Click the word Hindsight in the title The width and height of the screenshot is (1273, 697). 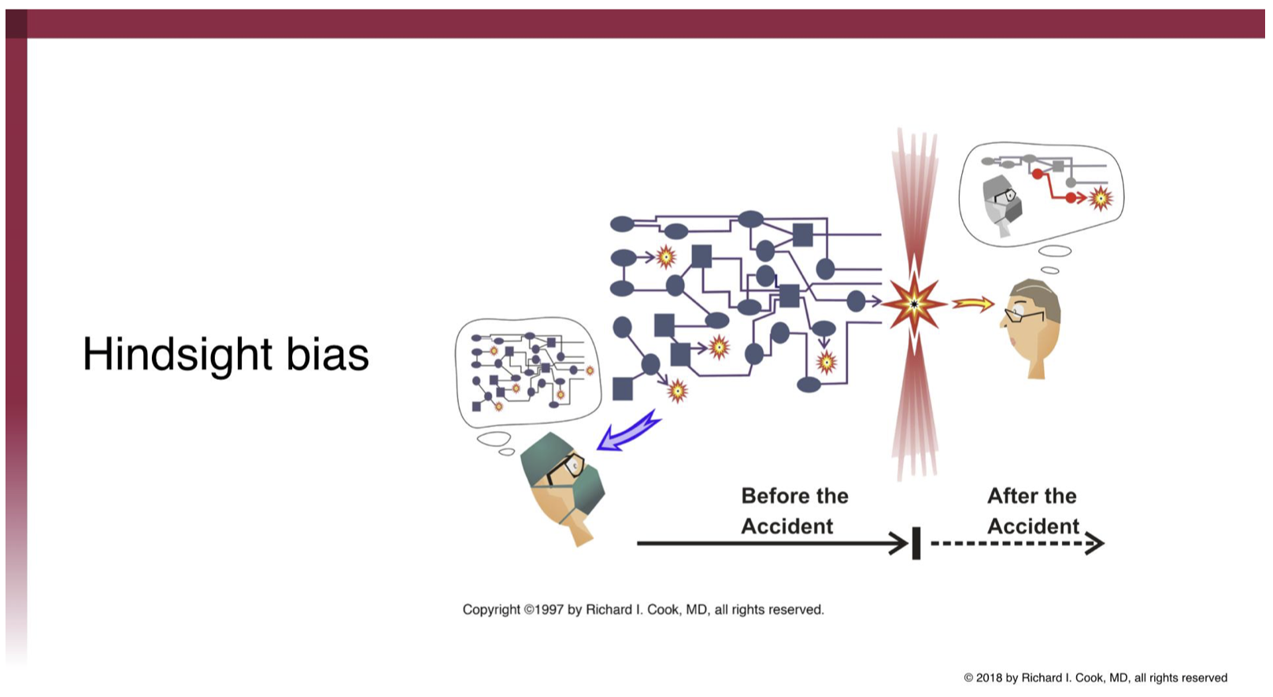177,355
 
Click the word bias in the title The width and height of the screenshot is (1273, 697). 328,354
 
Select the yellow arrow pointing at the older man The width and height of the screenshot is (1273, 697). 973,304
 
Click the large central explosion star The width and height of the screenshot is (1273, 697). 914,304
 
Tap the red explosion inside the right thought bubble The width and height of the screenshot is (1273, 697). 1101,198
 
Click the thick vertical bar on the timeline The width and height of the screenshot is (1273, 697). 916,543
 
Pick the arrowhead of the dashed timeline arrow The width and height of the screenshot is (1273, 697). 1095,543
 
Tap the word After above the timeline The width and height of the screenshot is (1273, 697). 1008,496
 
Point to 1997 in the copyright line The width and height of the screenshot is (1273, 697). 549,610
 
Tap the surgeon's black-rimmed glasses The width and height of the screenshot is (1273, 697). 565,468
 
